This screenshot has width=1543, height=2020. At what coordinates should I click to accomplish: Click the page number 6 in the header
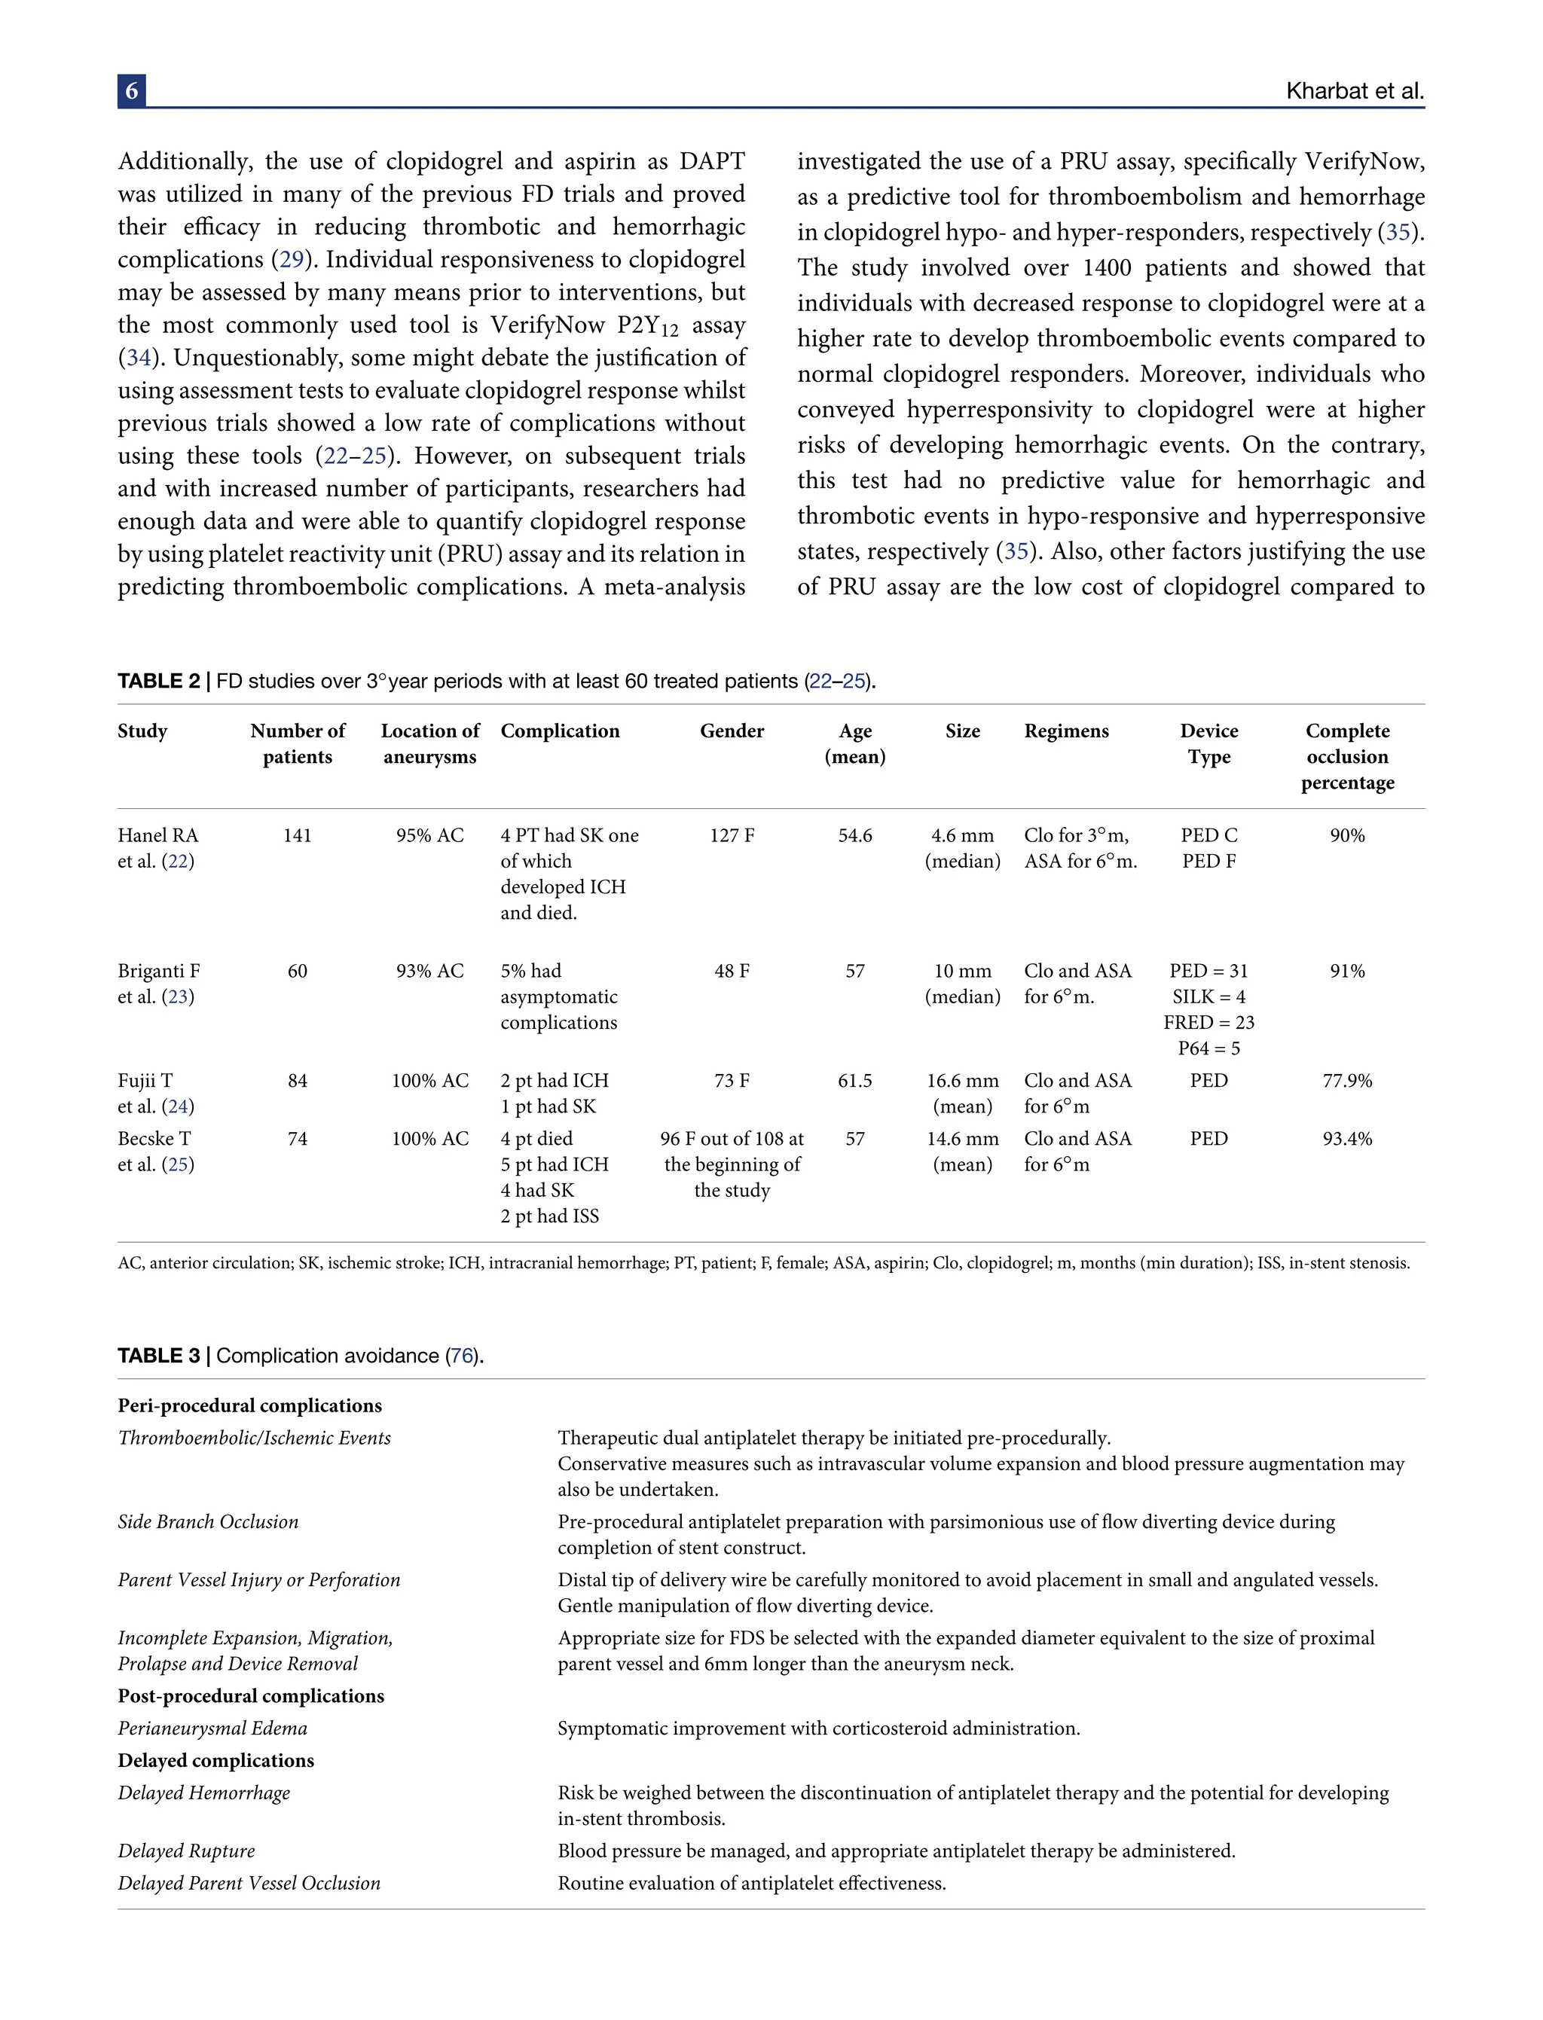[131, 91]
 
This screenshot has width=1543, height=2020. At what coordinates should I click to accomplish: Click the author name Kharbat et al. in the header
[1355, 91]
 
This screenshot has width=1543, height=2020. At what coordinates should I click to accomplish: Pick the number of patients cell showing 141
[297, 835]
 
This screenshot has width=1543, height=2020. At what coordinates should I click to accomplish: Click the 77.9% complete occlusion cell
[1346, 1081]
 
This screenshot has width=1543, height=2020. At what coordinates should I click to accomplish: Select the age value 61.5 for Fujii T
[854, 1081]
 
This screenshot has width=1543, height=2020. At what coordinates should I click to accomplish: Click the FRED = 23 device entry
[1208, 1022]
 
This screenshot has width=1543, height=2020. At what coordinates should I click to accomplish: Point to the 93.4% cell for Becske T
[1346, 1139]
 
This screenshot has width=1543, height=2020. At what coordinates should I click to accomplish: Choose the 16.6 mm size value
[961, 1081]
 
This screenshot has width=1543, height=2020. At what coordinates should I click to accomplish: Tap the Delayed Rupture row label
[185, 1851]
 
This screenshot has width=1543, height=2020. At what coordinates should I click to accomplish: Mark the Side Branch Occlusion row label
[208, 1521]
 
